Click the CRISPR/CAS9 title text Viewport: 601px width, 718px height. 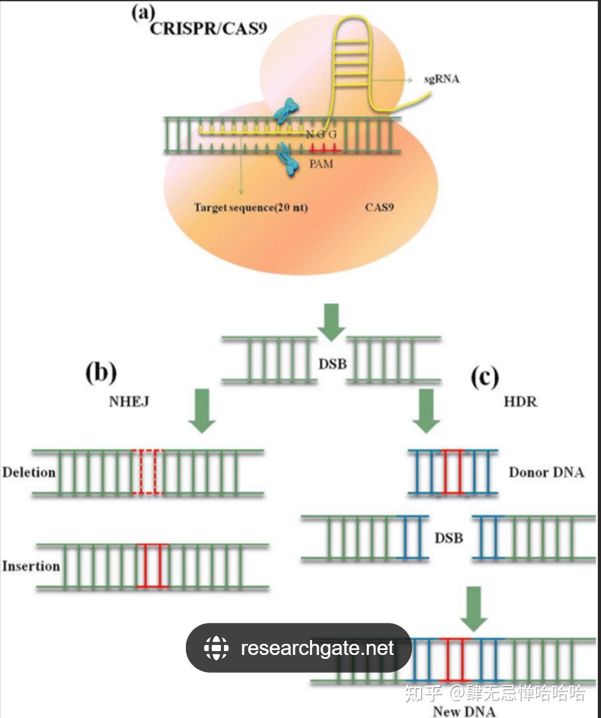pos(208,29)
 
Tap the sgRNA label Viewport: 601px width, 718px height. pos(442,79)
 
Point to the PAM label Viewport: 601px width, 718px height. pos(321,164)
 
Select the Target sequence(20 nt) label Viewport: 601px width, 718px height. pos(251,207)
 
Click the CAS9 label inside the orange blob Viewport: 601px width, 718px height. pos(379,207)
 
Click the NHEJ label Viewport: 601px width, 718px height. pos(129,402)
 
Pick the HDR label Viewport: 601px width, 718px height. pos(520,402)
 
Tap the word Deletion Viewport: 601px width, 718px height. pos(29,472)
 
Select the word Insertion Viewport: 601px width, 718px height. pos(30,566)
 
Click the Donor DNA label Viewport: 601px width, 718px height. pos(546,472)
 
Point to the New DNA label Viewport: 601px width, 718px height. pos(464,711)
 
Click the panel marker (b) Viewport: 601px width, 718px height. pos(101,372)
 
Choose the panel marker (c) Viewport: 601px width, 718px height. pos(484,378)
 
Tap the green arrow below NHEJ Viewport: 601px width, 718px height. pos(202,410)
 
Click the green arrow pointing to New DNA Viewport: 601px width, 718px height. pos(474,608)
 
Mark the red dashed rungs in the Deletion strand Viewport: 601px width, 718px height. pos(148,472)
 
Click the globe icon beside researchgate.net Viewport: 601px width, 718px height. pos(216,648)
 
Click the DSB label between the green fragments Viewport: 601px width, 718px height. pos(332,364)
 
